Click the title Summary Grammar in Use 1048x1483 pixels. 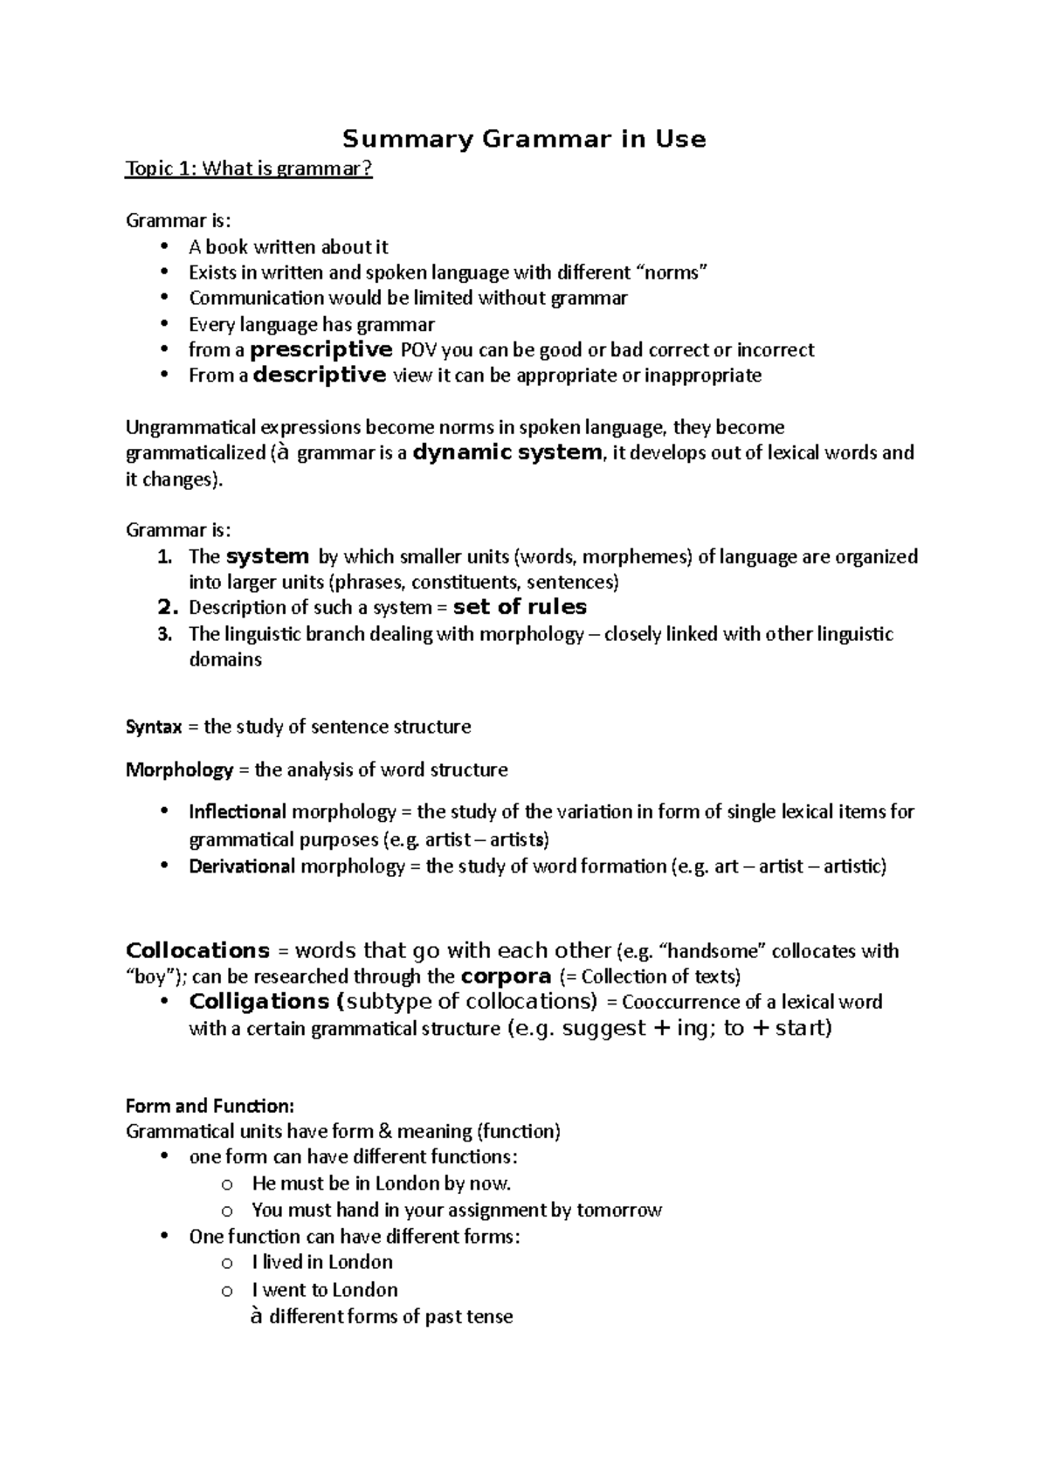[x=523, y=139]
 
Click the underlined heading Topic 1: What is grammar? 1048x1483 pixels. [x=249, y=169]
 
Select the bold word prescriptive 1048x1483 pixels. [x=321, y=350]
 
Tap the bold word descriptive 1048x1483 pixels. [x=319, y=376]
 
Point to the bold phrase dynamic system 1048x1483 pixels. [x=507, y=452]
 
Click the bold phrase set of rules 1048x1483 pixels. [x=520, y=607]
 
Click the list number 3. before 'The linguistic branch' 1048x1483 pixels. [x=165, y=634]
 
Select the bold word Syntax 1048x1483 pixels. [x=154, y=727]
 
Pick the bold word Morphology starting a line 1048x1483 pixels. [x=179, y=769]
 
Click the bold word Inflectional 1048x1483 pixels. [x=237, y=811]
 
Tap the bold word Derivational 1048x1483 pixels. [x=242, y=866]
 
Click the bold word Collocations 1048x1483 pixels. [x=197, y=950]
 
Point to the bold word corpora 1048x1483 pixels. [x=506, y=976]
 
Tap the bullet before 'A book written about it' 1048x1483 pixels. [x=163, y=247]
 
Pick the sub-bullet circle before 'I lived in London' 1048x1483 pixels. [x=227, y=1263]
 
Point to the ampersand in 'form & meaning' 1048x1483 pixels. [x=384, y=1132]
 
